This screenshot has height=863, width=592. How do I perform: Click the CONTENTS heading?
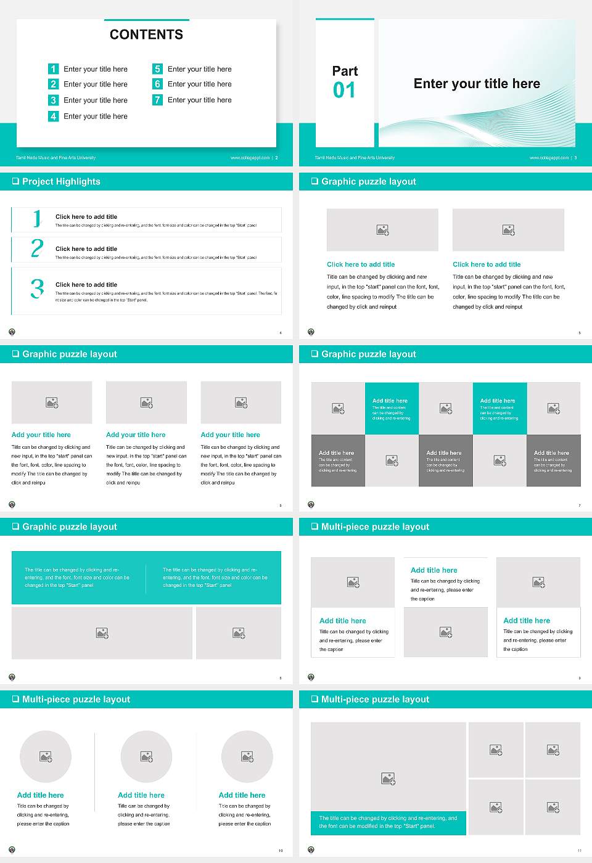(146, 35)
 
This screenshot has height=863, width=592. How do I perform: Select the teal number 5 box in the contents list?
(157, 69)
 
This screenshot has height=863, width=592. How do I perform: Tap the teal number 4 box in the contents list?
(53, 116)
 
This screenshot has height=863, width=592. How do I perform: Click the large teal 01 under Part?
(344, 91)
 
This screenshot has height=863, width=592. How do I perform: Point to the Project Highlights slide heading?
(61, 181)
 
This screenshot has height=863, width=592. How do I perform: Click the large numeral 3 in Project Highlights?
(37, 288)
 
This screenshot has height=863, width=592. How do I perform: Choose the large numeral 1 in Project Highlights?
(37, 218)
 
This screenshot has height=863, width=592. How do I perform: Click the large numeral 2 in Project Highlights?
(37, 248)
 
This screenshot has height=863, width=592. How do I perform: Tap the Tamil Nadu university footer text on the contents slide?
(55, 158)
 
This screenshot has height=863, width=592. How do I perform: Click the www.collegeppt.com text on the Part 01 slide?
(549, 158)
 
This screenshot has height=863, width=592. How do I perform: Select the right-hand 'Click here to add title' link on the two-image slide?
(487, 264)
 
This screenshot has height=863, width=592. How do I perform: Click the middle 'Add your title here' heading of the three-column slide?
(136, 435)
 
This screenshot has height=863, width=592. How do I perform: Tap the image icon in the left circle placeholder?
(46, 756)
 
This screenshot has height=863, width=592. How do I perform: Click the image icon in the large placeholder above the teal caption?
(388, 779)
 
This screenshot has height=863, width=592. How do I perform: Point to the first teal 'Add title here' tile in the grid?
(392, 408)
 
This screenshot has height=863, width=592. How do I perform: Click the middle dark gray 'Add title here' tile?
(445, 460)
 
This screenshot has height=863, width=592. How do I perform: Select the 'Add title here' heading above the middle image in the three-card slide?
(434, 570)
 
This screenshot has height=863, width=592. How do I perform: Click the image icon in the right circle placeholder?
(247, 756)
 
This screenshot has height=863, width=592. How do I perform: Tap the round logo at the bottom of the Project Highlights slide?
(12, 332)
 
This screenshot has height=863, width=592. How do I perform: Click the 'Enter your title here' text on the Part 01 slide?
(477, 84)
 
